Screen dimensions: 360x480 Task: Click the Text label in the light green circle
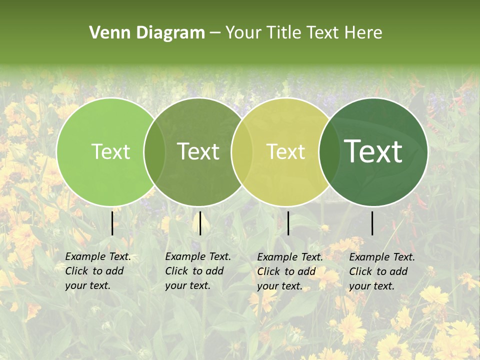[110, 151]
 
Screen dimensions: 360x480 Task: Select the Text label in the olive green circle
[198, 151]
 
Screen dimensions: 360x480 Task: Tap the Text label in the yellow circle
[285, 151]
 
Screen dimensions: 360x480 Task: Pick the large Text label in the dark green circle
[373, 151]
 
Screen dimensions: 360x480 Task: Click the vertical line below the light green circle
[112, 223]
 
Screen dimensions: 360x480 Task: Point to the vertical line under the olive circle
[200, 223]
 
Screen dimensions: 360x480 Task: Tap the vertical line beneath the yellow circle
[288, 223]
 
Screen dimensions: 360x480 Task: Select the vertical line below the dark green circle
[372, 223]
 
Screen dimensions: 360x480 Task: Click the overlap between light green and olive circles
[154, 152]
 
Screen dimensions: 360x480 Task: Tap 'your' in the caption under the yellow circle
[268, 286]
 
